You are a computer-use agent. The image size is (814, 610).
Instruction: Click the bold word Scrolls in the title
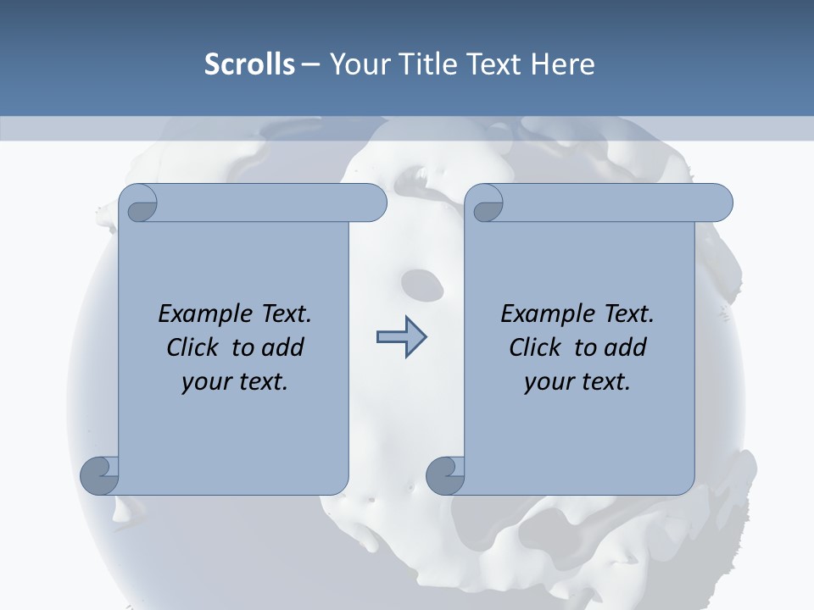pos(249,64)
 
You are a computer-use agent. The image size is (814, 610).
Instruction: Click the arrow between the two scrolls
pos(401,337)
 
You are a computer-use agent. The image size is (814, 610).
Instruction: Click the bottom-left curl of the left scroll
pos(100,475)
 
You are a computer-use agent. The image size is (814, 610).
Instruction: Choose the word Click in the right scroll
pos(535,347)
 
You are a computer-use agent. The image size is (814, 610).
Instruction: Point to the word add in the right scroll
pos(626,347)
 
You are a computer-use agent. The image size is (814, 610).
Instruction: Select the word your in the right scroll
pos(546,382)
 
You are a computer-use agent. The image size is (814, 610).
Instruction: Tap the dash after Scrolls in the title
pos(310,64)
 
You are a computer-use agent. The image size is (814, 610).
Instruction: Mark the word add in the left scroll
pos(283,347)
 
